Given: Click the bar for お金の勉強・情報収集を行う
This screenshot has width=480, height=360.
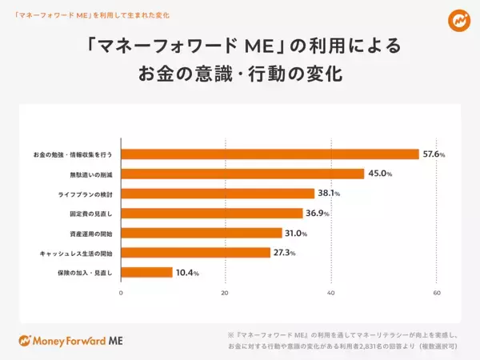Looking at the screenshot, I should coord(270,154).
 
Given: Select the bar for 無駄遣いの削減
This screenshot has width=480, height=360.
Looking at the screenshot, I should coord(242,174).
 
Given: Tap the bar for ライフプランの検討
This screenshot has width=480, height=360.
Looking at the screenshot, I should coord(218,194).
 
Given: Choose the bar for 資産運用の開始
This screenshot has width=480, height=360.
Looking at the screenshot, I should coord(202,234).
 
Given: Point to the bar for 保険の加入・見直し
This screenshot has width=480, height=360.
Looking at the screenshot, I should coord(146,273).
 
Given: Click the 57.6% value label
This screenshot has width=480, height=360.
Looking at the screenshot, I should coord(434,154).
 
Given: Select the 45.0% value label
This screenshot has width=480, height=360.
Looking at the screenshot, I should coord(380,174).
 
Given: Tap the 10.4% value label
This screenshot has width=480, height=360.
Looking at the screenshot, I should coord(186,273).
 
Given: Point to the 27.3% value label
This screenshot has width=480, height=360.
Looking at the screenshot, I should coord(285,253).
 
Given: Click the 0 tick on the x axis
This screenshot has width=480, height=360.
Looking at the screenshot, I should coord(121,294).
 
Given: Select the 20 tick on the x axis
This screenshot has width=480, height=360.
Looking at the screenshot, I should coord(225,294).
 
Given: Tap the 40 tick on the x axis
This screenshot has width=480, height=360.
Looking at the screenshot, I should coord(331,294).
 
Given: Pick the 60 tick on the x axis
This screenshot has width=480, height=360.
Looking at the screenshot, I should coord(437,294).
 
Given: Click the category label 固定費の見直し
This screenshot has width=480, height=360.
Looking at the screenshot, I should coord(90,214).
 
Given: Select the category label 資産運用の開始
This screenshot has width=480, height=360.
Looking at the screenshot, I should coord(90,234).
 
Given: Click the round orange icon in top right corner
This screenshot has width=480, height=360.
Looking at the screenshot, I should coord(458,20).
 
